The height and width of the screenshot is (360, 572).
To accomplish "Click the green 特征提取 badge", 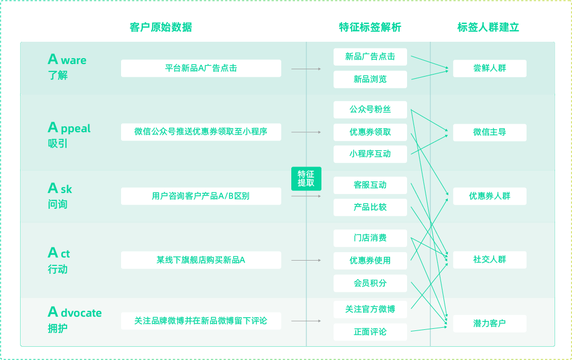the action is [306, 179].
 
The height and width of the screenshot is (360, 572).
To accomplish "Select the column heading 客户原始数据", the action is [161, 27].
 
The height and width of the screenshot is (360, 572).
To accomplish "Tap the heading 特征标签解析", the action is [370, 27].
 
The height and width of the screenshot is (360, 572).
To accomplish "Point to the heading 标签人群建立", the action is [488, 27].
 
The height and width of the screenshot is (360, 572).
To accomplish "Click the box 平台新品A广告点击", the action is [201, 68].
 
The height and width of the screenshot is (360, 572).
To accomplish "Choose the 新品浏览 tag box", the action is [370, 79].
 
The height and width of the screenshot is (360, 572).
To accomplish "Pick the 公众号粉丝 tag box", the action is [370, 109].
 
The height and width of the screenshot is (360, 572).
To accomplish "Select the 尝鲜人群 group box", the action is [490, 68].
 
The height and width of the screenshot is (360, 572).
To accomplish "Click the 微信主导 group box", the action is [490, 132].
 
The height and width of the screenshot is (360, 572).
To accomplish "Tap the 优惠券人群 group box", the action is [490, 196].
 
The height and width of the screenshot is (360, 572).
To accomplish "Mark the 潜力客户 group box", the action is [490, 324].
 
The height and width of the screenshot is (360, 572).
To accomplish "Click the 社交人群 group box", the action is [490, 260].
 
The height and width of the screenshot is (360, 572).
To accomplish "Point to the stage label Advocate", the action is [75, 312].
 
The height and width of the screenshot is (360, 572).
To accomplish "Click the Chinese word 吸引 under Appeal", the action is [58, 144].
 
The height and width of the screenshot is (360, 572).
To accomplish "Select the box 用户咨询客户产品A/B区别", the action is [201, 196].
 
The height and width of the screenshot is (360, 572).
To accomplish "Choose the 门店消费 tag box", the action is [370, 238].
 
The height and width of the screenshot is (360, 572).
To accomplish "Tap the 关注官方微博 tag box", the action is [370, 309].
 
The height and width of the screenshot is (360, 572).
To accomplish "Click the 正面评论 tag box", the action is [370, 332].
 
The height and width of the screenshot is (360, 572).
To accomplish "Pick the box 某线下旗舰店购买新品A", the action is [201, 260].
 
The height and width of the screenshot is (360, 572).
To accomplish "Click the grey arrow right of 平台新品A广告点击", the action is [306, 69].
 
